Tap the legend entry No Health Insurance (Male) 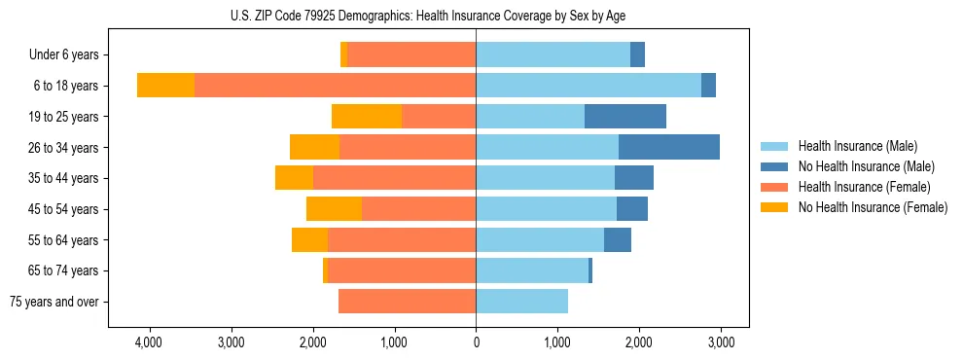[x=866, y=166]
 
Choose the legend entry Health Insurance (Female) [x=864, y=187]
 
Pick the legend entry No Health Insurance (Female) [x=873, y=207]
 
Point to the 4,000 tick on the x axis [x=149, y=342]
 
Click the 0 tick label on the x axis [x=476, y=342]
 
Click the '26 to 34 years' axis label [x=65, y=148]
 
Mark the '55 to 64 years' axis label [x=65, y=240]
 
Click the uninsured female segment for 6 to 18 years [x=165, y=86]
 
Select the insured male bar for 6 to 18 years [x=588, y=86]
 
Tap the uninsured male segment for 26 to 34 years [x=669, y=147]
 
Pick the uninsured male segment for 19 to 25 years [x=625, y=117]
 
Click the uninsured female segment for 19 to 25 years [x=367, y=117]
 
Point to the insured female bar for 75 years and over [x=407, y=302]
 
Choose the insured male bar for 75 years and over [x=521, y=302]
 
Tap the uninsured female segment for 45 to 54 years [x=334, y=209]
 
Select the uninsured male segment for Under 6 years [x=637, y=55]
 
